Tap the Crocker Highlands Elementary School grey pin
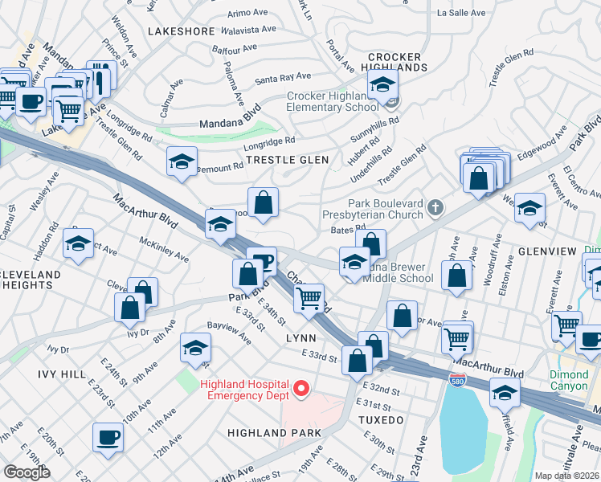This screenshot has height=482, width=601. (392, 101)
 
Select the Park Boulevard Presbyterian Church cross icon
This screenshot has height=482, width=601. (435, 208)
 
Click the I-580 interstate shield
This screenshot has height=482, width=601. (457, 380)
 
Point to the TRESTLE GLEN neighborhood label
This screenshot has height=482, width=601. (287, 160)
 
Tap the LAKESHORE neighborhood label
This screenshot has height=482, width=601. (181, 31)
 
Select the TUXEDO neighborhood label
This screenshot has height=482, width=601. (382, 420)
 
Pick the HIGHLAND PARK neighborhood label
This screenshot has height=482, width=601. (274, 432)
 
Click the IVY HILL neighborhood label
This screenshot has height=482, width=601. (61, 374)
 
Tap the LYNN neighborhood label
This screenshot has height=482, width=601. (300, 338)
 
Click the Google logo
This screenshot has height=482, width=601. (27, 472)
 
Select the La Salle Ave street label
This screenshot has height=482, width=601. (461, 14)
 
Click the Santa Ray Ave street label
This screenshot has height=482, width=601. (283, 78)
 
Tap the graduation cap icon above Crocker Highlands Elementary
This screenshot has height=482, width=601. (383, 84)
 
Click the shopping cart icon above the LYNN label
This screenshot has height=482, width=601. (309, 297)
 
